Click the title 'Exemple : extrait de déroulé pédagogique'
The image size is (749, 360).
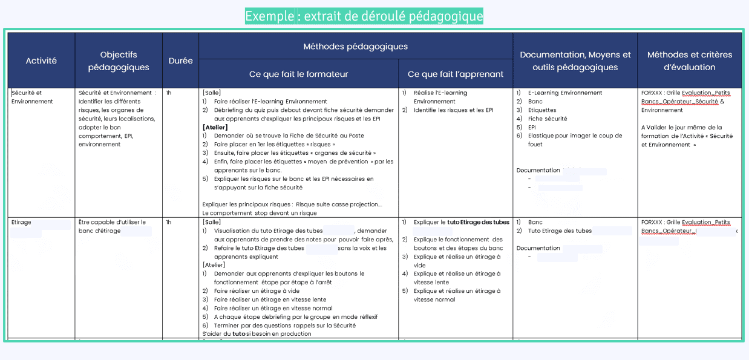tap(364, 16)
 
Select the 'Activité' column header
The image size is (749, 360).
tap(41, 61)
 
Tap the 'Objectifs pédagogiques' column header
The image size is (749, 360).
tap(119, 61)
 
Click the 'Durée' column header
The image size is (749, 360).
tap(180, 61)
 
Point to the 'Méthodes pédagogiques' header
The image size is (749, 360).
tap(355, 47)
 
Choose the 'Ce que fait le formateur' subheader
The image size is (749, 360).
tap(298, 74)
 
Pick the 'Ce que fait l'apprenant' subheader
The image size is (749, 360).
tap(456, 74)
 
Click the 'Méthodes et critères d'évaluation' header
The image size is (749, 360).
tap(689, 61)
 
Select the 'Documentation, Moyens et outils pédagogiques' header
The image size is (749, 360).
tap(575, 61)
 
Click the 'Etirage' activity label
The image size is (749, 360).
tap(21, 222)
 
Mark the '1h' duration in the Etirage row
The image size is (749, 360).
tap(169, 222)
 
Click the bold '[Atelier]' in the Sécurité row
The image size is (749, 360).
tap(215, 128)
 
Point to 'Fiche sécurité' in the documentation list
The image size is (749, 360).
tap(548, 119)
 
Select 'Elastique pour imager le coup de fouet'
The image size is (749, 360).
tap(575, 140)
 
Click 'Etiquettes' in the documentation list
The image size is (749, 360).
tap(542, 110)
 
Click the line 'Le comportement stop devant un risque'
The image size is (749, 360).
tap(260, 213)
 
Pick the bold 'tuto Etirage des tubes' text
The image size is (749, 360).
tap(478, 222)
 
